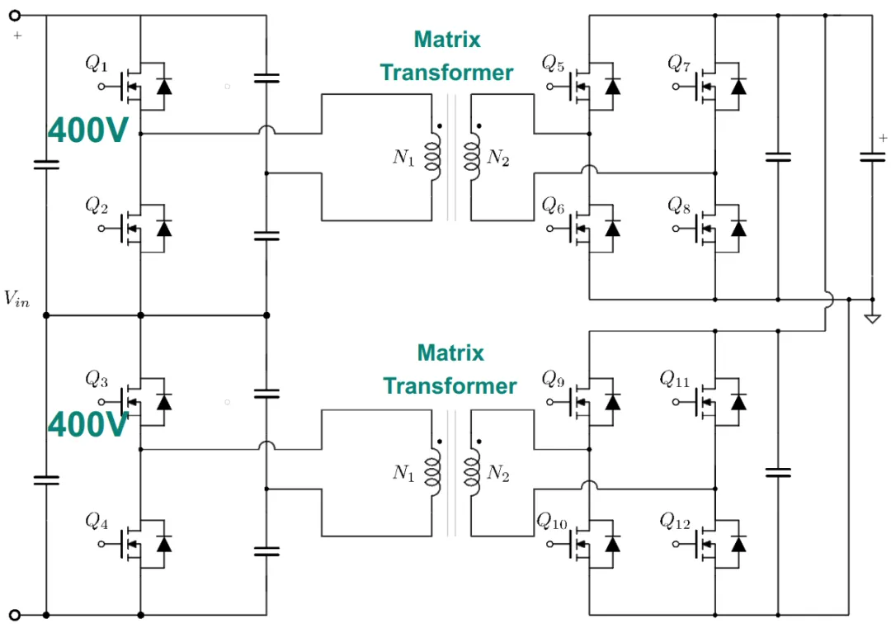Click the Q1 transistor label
[97, 63]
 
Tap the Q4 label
[97, 521]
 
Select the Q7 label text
[679, 63]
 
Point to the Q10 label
[552, 521]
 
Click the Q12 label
[675, 521]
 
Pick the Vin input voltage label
[16, 298]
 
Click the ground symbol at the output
[872, 319]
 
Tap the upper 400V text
[88, 130]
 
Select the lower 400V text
[88, 424]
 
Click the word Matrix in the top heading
[447, 40]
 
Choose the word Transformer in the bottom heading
[450, 386]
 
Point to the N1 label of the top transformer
[404, 157]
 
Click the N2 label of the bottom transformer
[498, 472]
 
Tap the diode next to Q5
[612, 87]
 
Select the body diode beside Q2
[164, 229]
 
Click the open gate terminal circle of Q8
[676, 229]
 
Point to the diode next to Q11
[738, 402]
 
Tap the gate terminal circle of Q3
[101, 402]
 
